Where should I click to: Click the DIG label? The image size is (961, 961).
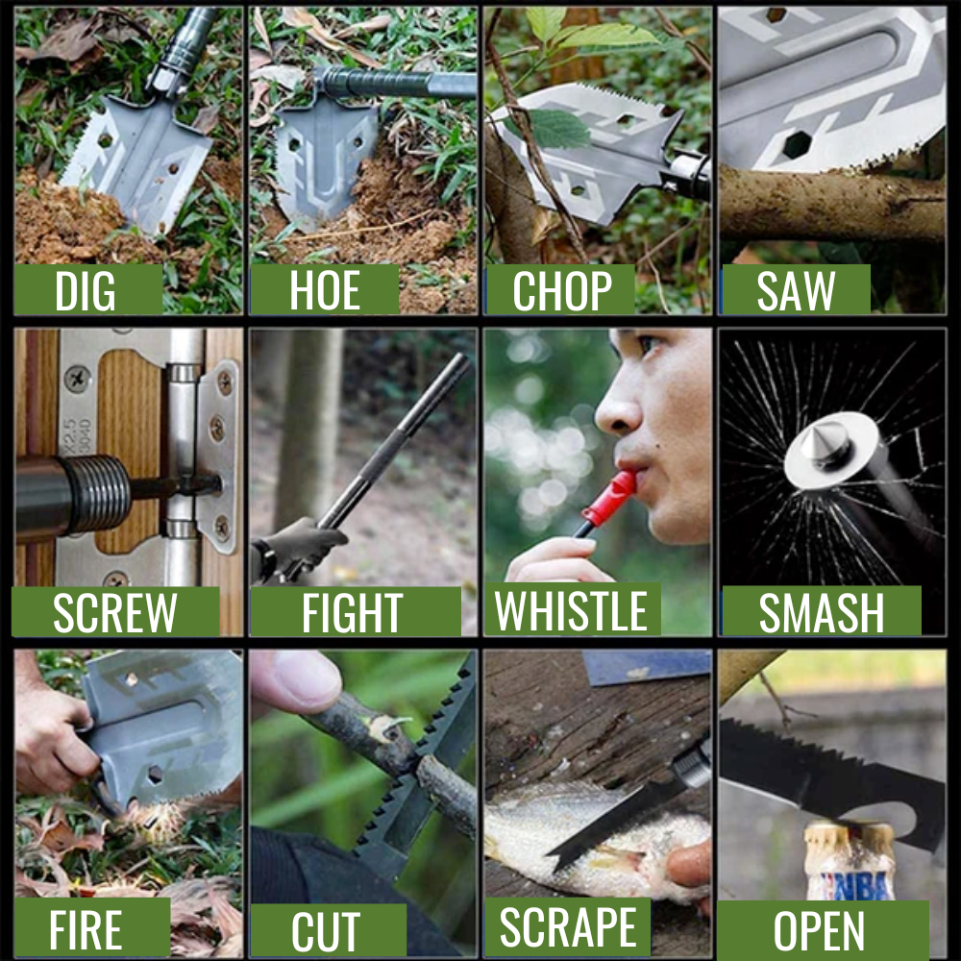(x=86, y=290)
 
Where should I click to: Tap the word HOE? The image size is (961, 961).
(x=325, y=290)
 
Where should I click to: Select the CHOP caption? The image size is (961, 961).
(x=562, y=290)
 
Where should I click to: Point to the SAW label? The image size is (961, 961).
(x=796, y=290)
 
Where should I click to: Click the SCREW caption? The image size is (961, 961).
(x=115, y=612)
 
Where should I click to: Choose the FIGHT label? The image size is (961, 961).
(x=352, y=612)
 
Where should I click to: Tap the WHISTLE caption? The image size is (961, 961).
(x=571, y=610)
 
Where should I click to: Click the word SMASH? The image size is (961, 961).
(x=822, y=612)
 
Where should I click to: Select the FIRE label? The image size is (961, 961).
(x=86, y=929)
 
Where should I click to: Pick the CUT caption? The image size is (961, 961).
(x=326, y=932)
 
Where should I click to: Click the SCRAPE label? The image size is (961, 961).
(x=568, y=927)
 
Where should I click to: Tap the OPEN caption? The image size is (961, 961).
(x=819, y=931)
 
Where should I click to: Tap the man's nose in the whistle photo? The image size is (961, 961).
(x=617, y=408)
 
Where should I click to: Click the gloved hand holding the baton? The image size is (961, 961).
(x=300, y=549)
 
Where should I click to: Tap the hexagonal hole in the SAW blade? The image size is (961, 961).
(x=797, y=145)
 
